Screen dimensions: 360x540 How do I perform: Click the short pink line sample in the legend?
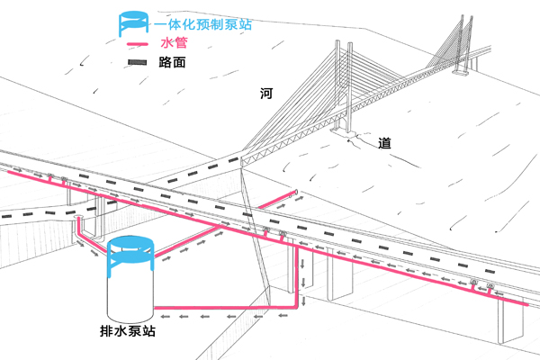[x=138, y=45]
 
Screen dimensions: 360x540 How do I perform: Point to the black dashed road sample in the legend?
[x=138, y=64]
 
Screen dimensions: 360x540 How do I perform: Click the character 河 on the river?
[x=266, y=94]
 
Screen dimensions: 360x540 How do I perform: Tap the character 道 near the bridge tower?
[x=384, y=143]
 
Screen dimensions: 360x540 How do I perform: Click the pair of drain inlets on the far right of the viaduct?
[x=481, y=287]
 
